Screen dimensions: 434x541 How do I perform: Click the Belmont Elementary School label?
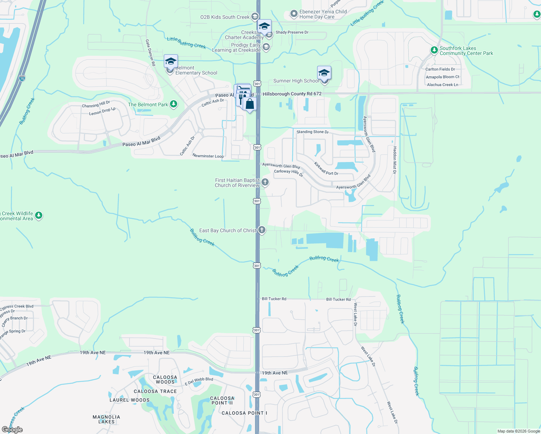point(196,70)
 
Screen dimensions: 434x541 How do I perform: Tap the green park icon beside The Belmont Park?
point(174,105)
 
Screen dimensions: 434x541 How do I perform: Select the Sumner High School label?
point(296,81)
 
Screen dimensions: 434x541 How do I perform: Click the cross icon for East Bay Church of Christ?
point(262,230)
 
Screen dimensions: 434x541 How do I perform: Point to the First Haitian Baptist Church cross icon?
point(265,182)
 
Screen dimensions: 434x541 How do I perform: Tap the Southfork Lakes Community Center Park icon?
point(434,50)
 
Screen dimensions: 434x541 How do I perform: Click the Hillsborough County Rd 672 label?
point(292,94)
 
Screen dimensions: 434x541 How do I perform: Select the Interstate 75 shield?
point(22,78)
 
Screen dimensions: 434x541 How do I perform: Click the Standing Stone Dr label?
point(312,132)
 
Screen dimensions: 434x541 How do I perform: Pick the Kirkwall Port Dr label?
point(326,169)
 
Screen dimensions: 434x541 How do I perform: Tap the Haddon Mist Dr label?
point(395,160)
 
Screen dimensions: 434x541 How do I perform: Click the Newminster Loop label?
point(208,156)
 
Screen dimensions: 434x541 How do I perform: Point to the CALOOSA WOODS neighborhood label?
point(165,379)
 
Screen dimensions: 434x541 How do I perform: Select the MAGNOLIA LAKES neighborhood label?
point(106,419)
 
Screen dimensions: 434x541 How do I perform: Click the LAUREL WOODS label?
point(129,400)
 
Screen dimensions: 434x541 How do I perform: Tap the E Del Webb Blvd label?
point(199,381)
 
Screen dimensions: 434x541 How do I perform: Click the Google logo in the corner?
point(12,430)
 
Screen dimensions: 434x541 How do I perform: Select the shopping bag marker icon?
point(250,104)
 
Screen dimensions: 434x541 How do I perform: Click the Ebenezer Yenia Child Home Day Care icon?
point(294,14)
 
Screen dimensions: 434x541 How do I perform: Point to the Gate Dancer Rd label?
point(150,52)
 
